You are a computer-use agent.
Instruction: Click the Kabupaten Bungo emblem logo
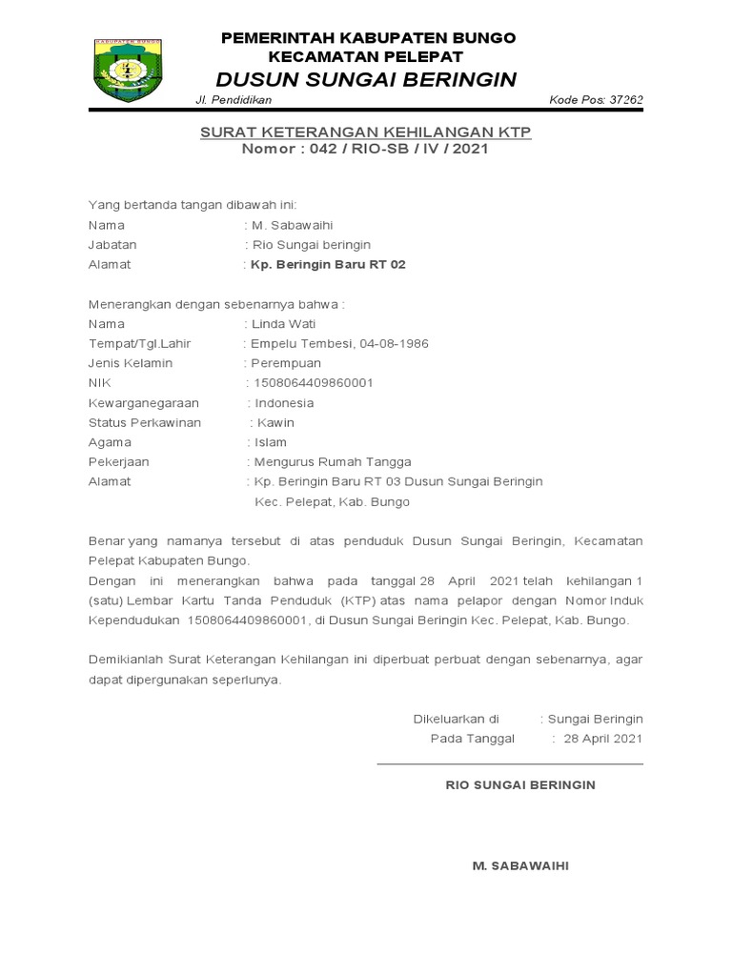(x=128, y=70)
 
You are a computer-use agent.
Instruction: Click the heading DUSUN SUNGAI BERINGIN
(x=366, y=79)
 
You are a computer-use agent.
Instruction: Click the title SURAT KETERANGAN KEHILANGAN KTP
(x=365, y=132)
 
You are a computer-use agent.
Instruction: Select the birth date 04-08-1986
(x=400, y=343)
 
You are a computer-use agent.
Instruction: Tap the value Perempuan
(x=285, y=363)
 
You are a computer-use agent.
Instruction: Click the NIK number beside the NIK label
(x=312, y=383)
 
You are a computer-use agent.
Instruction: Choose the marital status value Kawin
(x=275, y=422)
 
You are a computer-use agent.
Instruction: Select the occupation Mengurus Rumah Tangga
(x=325, y=462)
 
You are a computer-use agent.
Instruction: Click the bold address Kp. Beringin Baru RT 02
(x=327, y=264)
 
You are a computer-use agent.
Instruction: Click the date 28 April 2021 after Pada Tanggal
(x=603, y=739)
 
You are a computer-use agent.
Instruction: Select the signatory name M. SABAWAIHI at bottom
(x=520, y=865)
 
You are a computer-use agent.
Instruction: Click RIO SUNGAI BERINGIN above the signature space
(x=520, y=784)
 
